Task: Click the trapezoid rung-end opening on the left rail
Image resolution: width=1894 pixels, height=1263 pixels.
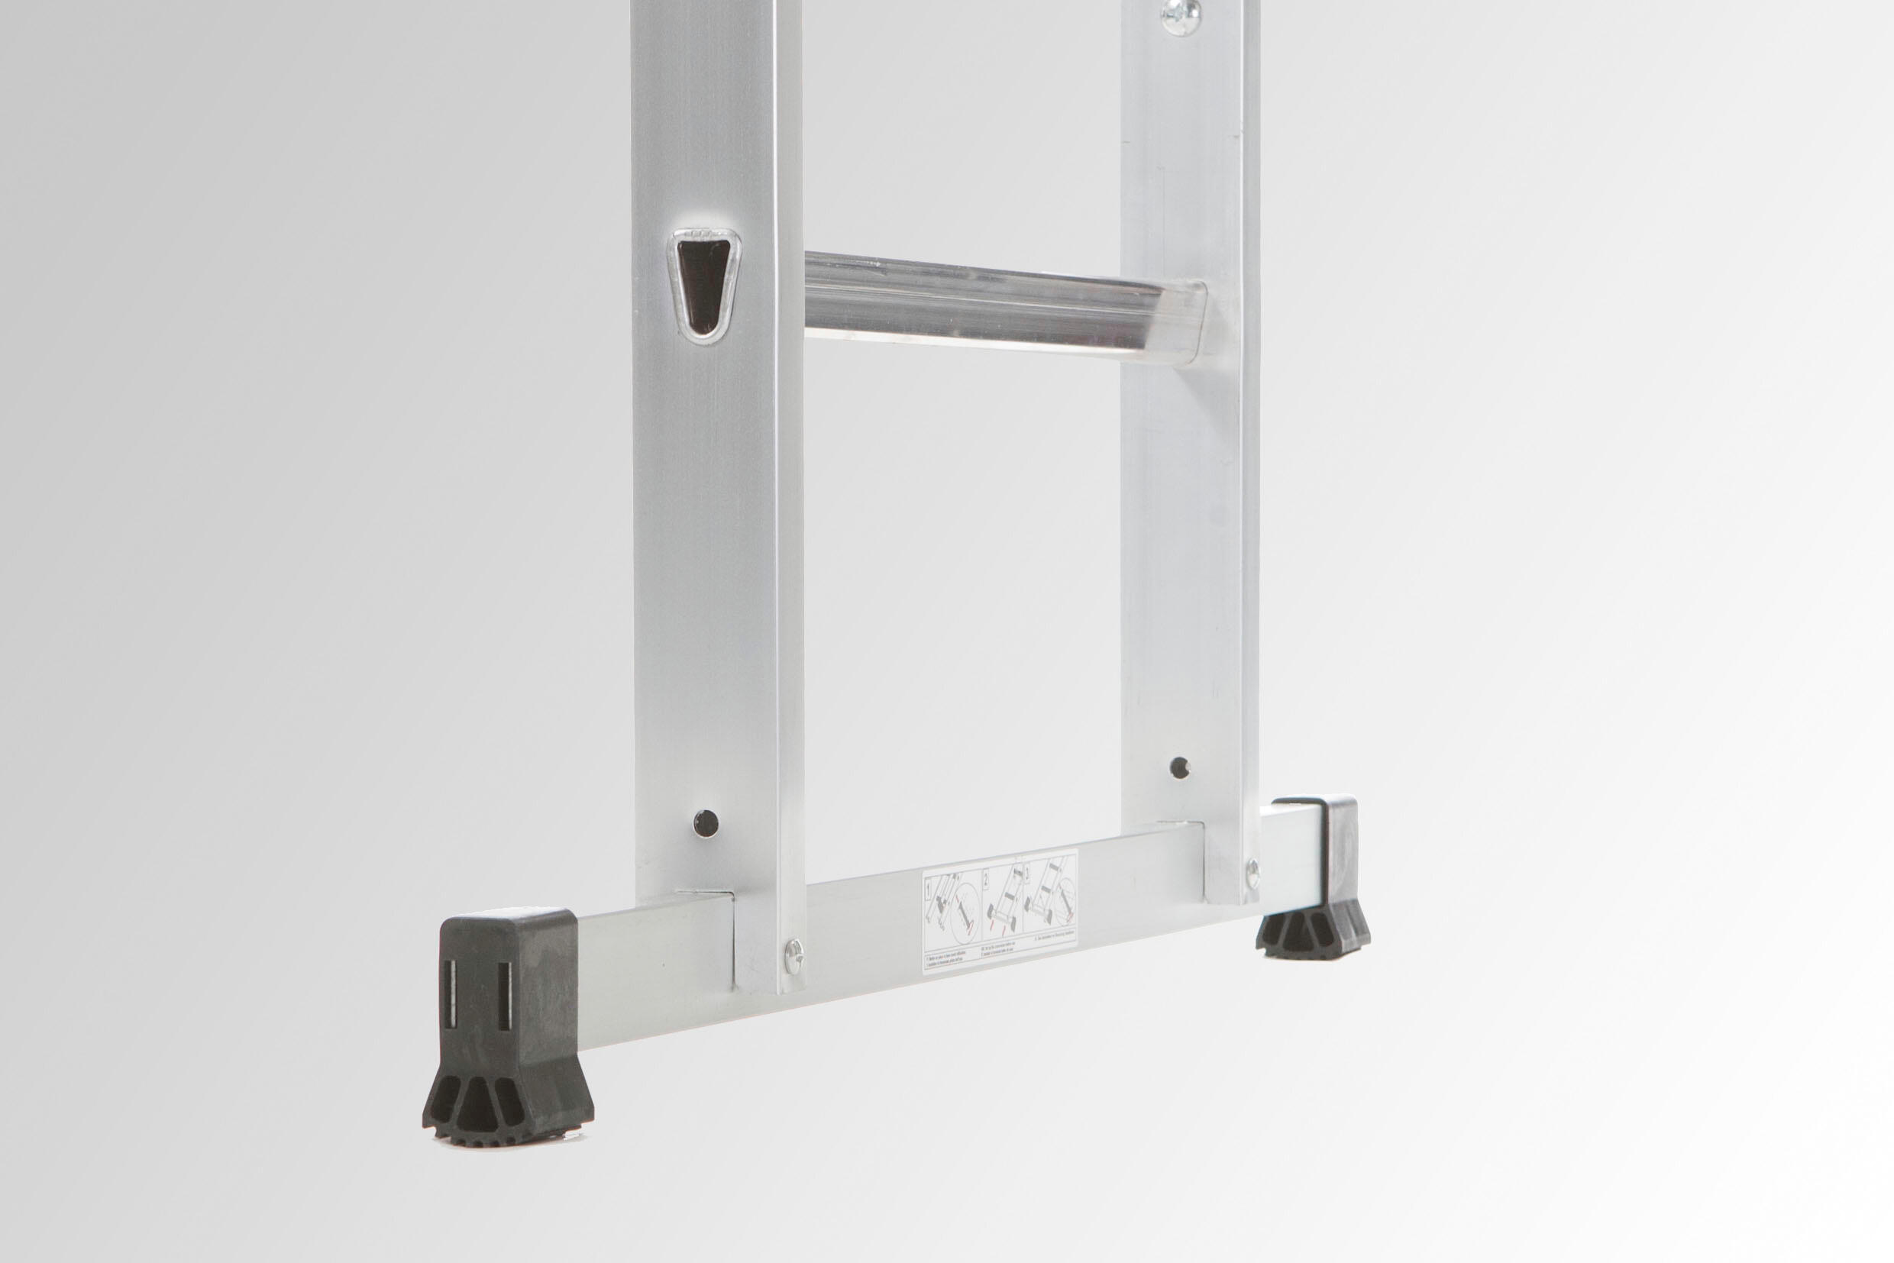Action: (704, 286)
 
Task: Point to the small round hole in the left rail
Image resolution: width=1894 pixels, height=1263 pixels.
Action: (706, 822)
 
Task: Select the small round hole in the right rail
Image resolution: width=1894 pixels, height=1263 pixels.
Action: (1179, 767)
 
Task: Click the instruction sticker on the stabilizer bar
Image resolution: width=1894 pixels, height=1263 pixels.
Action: (999, 911)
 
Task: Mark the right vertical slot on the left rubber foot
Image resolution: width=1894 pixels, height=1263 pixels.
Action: (503, 997)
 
